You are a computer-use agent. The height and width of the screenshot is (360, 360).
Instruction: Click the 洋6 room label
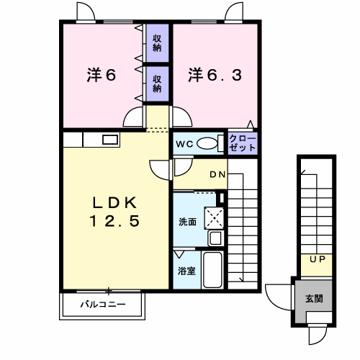click(102, 75)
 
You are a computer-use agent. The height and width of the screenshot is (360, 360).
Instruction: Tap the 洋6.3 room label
click(215, 75)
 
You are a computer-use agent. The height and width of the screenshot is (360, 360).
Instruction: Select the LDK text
click(114, 203)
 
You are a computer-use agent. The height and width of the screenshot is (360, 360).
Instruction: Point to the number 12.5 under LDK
click(114, 221)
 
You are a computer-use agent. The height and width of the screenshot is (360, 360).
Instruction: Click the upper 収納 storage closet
click(157, 43)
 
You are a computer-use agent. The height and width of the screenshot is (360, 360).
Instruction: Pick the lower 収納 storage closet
click(157, 84)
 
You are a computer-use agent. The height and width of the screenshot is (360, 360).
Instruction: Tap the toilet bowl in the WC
click(207, 143)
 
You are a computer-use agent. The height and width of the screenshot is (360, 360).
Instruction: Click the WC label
click(184, 144)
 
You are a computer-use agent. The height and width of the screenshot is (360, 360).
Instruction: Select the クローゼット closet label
click(242, 143)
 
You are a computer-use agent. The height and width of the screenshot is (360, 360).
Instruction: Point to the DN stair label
click(217, 174)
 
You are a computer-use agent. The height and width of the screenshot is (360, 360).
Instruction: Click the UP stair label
click(318, 259)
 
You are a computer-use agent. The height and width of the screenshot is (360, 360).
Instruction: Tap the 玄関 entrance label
click(314, 299)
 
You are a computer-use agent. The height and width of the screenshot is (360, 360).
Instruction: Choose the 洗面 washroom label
click(187, 222)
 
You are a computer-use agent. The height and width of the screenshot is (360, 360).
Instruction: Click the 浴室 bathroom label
click(186, 271)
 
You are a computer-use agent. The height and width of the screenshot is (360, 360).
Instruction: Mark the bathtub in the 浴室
click(212, 270)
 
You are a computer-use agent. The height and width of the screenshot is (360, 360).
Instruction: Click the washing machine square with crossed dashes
click(214, 218)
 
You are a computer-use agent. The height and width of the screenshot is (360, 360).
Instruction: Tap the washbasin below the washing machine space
click(216, 238)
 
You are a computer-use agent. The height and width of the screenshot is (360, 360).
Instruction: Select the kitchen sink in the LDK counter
click(110, 140)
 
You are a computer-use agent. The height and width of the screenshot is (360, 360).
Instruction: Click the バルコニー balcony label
click(103, 305)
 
